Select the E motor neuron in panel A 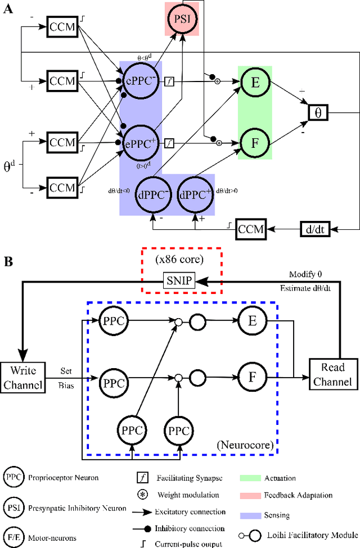click(255, 81)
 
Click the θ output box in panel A click(317, 112)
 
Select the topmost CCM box click(61, 26)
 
